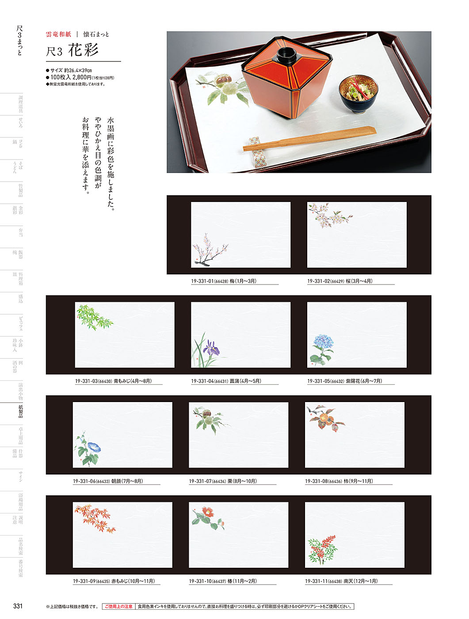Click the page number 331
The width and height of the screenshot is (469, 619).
click(x=18, y=606)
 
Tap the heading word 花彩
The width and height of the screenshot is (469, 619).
click(x=84, y=50)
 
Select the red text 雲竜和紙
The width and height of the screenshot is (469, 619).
click(x=58, y=34)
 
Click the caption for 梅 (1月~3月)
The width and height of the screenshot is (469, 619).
click(x=223, y=281)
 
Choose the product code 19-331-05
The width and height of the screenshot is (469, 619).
click(x=318, y=381)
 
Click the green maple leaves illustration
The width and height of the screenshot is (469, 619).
click(x=94, y=317)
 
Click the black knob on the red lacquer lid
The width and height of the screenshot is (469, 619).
click(x=286, y=56)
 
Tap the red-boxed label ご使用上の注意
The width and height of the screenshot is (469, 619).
click(x=118, y=607)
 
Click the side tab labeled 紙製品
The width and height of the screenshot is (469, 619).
click(x=20, y=411)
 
